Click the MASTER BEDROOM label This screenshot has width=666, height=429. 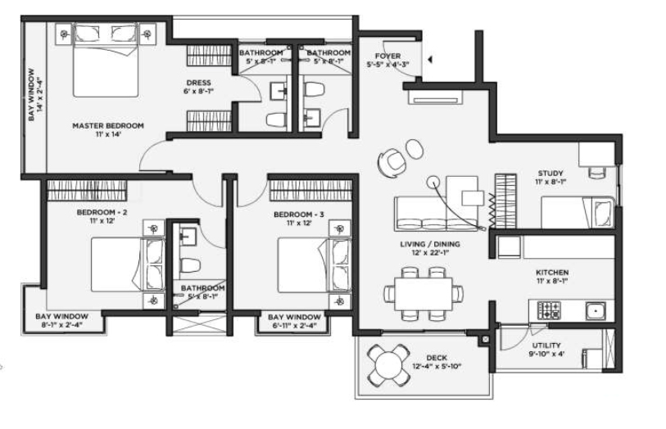107,126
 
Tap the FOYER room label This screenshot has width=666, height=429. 387,56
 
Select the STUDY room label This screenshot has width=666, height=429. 550,174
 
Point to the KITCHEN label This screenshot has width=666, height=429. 551,272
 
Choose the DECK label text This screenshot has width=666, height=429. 435,358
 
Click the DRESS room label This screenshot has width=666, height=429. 198,83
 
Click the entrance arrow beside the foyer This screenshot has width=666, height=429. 429,59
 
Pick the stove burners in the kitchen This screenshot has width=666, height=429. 548,310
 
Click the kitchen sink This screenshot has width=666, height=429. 594,310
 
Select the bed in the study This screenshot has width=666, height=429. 576,213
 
